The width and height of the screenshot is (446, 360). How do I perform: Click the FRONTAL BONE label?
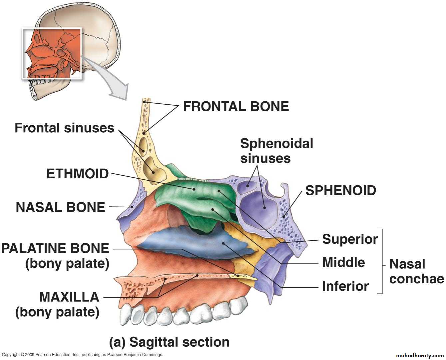pyautogui.click(x=236, y=107)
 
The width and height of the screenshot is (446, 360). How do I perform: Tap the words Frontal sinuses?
pyautogui.click(x=64, y=128)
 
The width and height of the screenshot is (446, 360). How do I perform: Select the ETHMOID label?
pyautogui.click(x=78, y=174)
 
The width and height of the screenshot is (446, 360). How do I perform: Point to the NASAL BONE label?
pyautogui.click(x=60, y=207)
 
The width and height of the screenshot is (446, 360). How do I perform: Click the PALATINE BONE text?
pyautogui.click(x=55, y=248)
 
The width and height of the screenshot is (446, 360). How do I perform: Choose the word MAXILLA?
pyautogui.click(x=69, y=297)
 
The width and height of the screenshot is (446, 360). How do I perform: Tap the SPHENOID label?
pyautogui.click(x=340, y=190)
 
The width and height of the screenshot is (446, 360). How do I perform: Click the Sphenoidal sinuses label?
pyautogui.click(x=276, y=151)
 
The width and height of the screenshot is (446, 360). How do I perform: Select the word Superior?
pyautogui.click(x=350, y=239)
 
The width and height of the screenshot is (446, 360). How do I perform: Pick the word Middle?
pyautogui.click(x=343, y=262)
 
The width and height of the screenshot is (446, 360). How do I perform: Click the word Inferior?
pyautogui.click(x=345, y=286)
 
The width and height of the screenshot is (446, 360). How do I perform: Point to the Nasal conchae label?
pyautogui.click(x=416, y=271)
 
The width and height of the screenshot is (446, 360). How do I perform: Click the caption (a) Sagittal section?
pyautogui.click(x=169, y=342)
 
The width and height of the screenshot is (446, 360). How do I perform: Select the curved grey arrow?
pyautogui.click(x=110, y=80)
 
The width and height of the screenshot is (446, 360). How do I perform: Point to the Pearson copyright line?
pyautogui.click(x=82, y=355)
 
